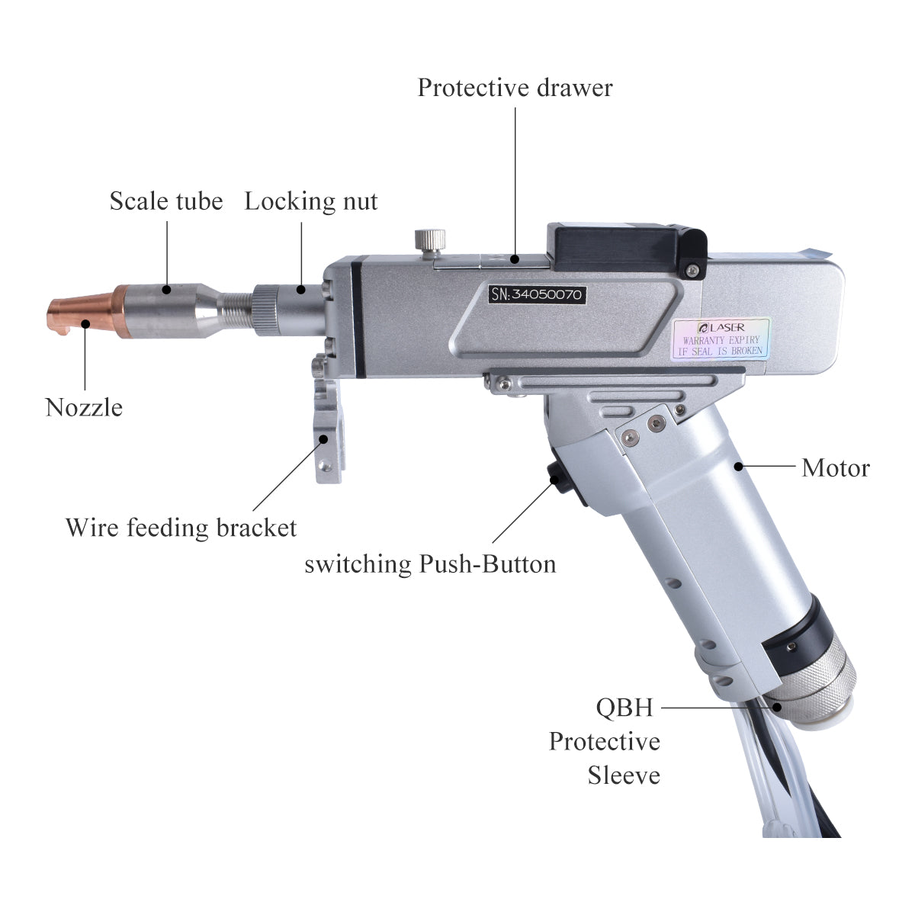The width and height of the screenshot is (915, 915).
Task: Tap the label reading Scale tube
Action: pos(165,201)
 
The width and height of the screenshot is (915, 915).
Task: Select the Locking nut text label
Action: pos(310,201)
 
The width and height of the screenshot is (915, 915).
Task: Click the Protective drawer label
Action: pos(515,88)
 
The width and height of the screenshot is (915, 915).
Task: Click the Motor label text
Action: pos(835,467)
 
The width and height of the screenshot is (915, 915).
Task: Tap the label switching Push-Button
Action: pos(430,564)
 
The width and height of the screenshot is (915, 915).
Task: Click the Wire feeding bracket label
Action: pos(181,528)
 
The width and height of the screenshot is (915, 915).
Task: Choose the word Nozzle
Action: pos(84,407)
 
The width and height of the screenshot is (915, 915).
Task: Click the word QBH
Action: pos(624,708)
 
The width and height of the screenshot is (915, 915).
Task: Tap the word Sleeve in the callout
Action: pos(623,775)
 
